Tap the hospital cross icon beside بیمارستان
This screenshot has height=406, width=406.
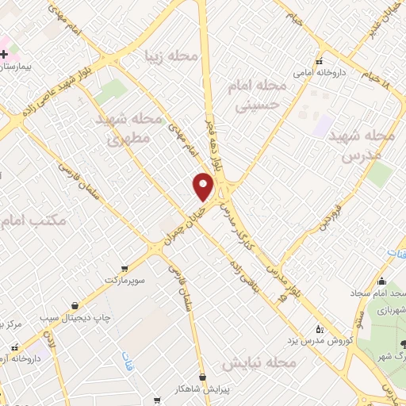coord(5,54)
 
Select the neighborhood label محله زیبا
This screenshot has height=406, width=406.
coord(167,56)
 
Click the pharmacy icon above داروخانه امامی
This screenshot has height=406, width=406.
coord(320,62)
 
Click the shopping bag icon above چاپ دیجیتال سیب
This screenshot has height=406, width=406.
coord(75,306)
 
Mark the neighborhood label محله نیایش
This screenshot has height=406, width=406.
coord(259,363)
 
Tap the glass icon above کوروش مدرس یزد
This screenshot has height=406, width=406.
coord(320,329)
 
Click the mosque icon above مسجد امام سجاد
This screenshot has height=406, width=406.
coord(381,282)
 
